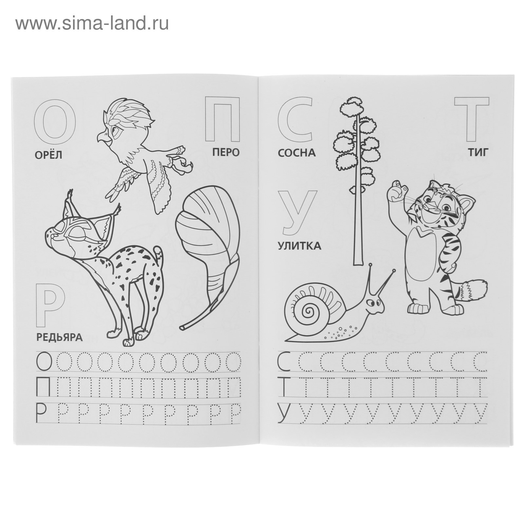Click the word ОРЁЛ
coord(48,155)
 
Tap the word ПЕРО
coord(226,152)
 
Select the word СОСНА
coord(297,153)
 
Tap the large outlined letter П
coord(222,119)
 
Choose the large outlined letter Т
coord(471,119)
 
